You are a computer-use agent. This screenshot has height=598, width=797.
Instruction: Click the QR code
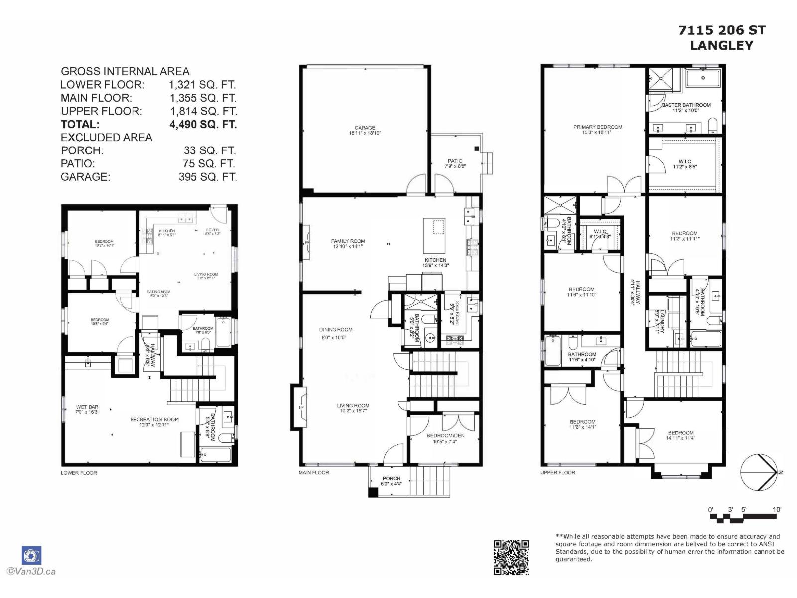point(511,557)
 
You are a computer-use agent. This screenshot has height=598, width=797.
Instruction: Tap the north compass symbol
point(758,472)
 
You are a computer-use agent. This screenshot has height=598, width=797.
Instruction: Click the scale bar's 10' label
point(777,509)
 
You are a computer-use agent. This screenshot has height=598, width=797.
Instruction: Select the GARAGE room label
point(365,128)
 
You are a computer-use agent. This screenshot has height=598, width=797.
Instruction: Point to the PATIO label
point(455,161)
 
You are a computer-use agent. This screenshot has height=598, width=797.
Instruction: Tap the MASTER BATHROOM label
point(685,105)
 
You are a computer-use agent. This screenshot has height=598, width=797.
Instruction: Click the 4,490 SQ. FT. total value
point(203,124)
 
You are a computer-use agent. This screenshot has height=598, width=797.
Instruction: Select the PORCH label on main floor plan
point(391,478)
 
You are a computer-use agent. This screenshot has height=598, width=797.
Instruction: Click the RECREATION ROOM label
point(154,419)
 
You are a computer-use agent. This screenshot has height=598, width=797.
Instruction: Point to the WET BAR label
point(87,407)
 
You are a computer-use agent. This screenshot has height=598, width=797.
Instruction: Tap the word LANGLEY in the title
point(722,45)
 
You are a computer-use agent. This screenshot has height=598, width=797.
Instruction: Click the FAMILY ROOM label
point(348,241)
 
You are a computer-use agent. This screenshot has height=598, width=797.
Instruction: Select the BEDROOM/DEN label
point(445,435)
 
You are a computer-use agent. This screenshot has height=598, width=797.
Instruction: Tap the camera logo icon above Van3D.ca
point(31,555)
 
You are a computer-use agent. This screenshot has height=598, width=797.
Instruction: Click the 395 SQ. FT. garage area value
point(207,177)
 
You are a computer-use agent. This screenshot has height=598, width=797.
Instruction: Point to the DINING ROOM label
point(336,329)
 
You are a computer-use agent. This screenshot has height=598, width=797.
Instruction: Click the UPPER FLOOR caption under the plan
point(557,472)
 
